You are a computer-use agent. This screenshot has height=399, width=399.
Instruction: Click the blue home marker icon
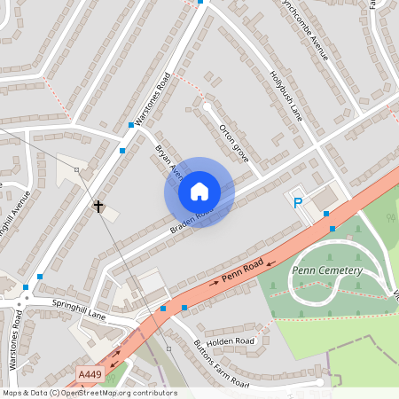[199, 192]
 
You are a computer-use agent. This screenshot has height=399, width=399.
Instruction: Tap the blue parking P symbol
[298, 204]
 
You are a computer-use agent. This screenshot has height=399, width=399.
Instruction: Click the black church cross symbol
[98, 207]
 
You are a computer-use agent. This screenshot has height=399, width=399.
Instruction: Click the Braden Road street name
[192, 221]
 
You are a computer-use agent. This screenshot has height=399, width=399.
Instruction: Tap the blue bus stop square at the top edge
[201, 2]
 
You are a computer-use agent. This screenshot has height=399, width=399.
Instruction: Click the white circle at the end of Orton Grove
[207, 106]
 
